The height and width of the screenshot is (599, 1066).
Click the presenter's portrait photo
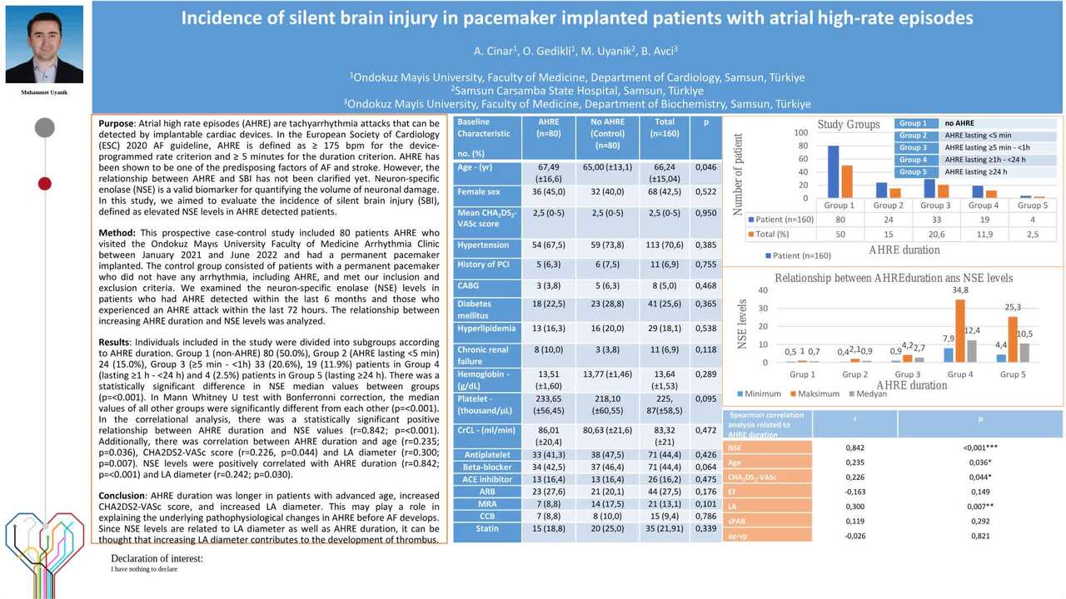(44, 44)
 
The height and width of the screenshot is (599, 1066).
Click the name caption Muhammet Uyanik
(44, 92)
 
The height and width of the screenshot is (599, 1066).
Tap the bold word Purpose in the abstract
(116, 123)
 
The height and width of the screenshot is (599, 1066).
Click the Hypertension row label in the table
(483, 245)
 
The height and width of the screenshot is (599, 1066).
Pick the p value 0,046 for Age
(705, 167)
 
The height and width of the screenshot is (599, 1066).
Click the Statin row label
(487, 528)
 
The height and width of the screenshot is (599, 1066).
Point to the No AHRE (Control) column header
(607, 133)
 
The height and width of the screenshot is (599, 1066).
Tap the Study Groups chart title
(849, 125)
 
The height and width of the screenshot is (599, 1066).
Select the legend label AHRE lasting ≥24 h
(975, 172)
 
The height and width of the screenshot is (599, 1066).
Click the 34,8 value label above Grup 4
(960, 290)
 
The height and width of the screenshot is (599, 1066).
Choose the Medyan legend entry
(870, 394)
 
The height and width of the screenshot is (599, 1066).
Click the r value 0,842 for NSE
(854, 448)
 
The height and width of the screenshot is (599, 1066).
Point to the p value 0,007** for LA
(980, 507)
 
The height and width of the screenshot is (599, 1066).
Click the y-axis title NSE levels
(743, 324)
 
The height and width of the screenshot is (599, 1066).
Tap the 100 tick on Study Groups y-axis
(800, 133)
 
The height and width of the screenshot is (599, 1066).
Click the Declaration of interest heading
(157, 558)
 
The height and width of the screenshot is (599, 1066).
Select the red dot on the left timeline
(45, 183)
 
